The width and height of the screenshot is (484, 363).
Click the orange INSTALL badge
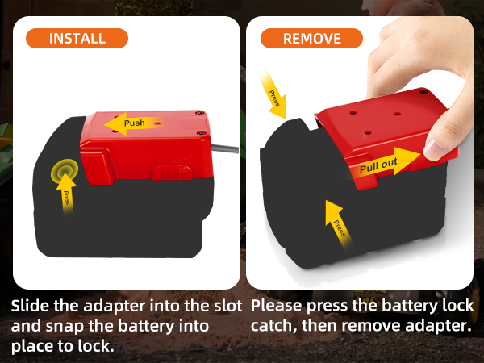pyautogui.click(x=77, y=38)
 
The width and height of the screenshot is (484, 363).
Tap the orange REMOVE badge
pyautogui.click(x=311, y=38)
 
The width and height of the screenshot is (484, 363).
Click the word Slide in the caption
pyautogui.click(x=30, y=307)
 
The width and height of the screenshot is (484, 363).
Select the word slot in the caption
pyautogui.click(x=225, y=307)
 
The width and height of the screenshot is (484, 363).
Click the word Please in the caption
pyautogui.click(x=278, y=307)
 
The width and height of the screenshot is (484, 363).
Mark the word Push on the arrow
pyautogui.click(x=135, y=123)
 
